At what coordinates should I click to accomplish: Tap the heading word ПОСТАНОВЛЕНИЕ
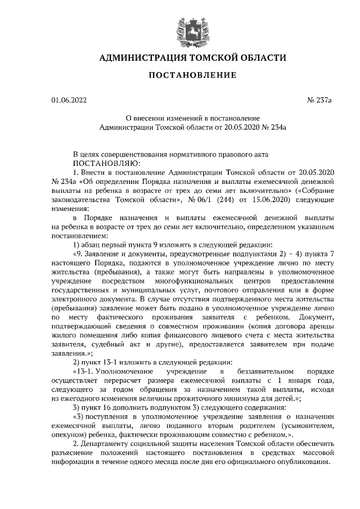click(180, 75)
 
